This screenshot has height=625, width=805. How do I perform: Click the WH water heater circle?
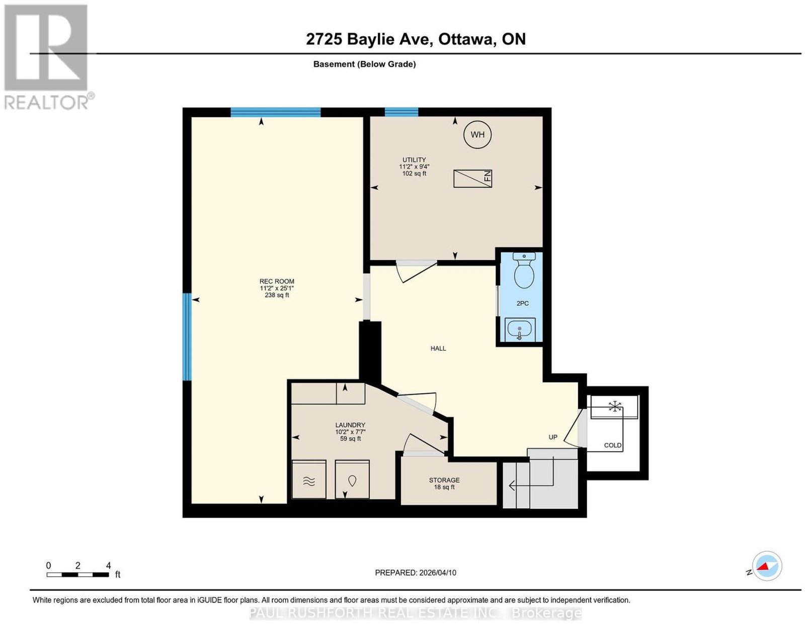point(477,135)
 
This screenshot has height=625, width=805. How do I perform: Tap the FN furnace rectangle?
point(473,178)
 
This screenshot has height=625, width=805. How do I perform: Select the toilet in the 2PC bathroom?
point(524,271)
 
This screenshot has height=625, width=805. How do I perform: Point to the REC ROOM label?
point(277,281)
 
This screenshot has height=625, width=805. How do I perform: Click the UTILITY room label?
point(414,160)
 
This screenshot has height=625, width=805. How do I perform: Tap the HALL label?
point(438,348)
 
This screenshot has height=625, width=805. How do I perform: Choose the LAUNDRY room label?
point(350,425)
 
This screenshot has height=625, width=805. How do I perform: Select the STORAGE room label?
point(444,480)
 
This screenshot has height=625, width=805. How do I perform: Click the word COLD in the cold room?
point(613,445)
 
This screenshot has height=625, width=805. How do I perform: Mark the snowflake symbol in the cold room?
point(615,406)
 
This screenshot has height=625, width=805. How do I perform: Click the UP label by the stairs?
point(553,437)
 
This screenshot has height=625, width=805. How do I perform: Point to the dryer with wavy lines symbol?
point(309,479)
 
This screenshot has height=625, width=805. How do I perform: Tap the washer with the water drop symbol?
point(352,479)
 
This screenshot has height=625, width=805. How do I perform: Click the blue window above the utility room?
point(401,112)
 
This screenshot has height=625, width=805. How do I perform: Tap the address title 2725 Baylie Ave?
point(369,39)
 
